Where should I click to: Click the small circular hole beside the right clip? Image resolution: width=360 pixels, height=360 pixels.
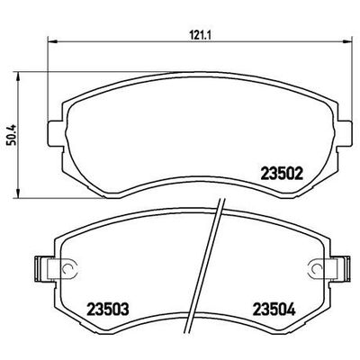tap(312, 267)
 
